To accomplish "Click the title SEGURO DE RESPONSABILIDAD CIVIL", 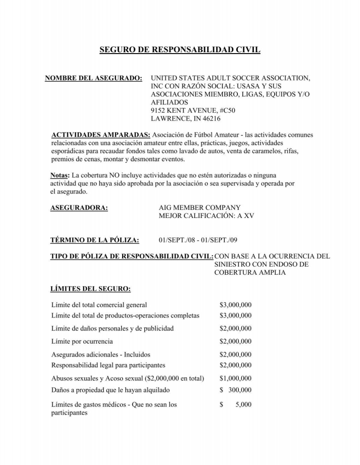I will coord(180,49).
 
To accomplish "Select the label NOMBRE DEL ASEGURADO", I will coord(94,78).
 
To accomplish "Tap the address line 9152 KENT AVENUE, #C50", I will coord(193,110).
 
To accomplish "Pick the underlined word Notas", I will coord(60,175).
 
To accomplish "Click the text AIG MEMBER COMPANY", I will coord(199,208).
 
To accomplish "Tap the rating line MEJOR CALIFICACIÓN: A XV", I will coord(206,216).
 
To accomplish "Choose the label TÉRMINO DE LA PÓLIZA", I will coord(94,240).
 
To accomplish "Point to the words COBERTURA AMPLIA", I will coord(250,272).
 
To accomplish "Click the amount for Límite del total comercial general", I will coord(235,305).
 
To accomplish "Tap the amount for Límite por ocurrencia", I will coord(235,341).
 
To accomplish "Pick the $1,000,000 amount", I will coord(235,378).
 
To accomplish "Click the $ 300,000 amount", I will coord(235,390).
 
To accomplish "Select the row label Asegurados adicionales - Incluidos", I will coord(100,354).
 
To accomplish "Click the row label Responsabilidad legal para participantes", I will coord(108,365).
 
